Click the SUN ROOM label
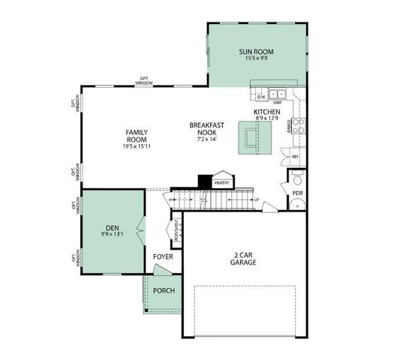point(256,52)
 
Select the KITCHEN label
point(266,111)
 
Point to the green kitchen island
point(253,139)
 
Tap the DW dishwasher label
point(260,97)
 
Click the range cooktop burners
point(298,126)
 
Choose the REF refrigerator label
point(296,157)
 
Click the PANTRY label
point(221,182)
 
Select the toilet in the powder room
point(297,181)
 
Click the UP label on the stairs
point(256,200)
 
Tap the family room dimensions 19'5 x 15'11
point(137,147)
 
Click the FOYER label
point(163,257)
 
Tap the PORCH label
point(163,291)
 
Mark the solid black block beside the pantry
point(205,181)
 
